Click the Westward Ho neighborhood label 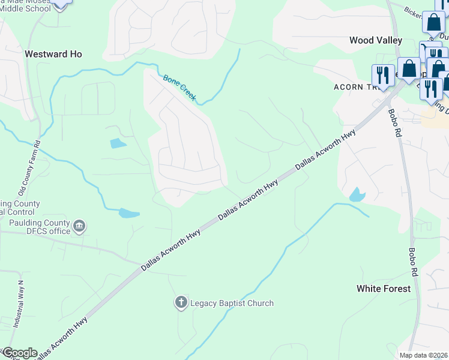coord(53,54)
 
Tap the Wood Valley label coord(376,40)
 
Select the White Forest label coord(384,289)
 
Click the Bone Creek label coord(179,87)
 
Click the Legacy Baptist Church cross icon coord(181,303)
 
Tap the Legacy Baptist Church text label coord(232,303)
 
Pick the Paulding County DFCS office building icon coord(79,227)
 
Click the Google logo coord(20,353)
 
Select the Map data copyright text coord(424,355)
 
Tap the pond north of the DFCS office coord(129,213)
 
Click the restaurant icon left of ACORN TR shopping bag coord(382,75)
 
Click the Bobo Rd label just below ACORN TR coord(394,122)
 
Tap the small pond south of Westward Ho coord(118,143)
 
